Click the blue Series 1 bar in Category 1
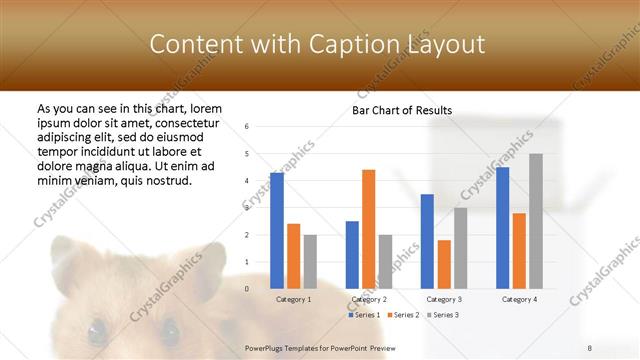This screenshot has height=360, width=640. [277, 231]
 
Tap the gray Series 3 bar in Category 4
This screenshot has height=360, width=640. [536, 221]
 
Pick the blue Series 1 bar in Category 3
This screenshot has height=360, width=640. [427, 241]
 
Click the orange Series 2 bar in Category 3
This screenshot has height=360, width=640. [444, 264]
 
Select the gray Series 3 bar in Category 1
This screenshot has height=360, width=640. [310, 262]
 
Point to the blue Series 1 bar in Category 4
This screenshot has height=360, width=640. [502, 228]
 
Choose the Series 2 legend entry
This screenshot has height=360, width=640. [402, 315]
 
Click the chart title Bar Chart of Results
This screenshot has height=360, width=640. [402, 110]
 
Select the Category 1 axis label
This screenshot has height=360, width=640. [293, 299]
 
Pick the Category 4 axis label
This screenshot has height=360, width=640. [519, 299]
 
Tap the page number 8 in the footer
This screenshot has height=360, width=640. [590, 347]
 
